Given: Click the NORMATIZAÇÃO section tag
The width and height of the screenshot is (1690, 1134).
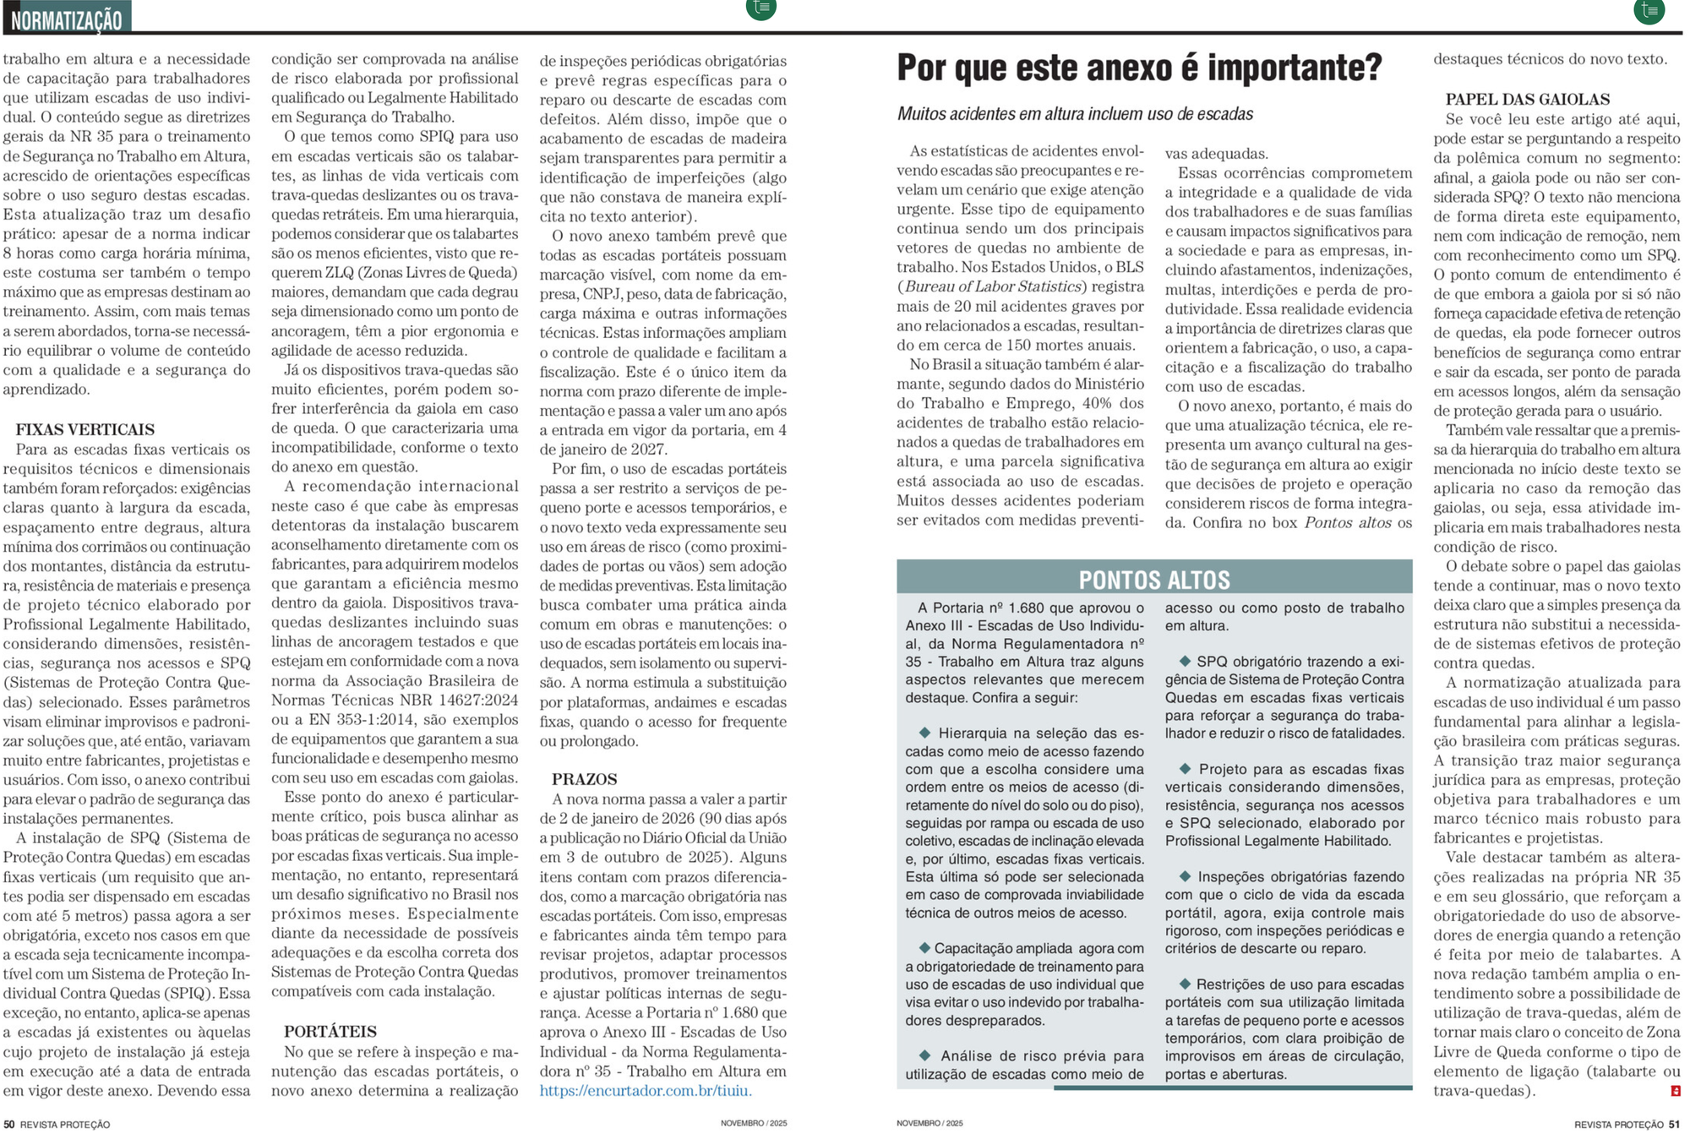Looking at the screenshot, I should (67, 18).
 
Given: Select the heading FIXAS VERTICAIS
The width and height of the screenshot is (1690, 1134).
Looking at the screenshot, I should (84, 429).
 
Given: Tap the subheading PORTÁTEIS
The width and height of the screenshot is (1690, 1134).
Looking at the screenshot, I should (330, 1032).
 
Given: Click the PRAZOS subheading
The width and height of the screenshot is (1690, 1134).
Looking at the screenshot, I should (585, 779).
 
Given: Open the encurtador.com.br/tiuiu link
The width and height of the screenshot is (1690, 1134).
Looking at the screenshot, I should (646, 1091).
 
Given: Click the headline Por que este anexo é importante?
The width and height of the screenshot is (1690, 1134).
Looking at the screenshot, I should (1139, 68).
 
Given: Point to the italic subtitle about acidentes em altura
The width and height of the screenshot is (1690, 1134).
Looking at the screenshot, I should (1075, 114).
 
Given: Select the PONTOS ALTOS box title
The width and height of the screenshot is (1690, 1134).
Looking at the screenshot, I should (1154, 580).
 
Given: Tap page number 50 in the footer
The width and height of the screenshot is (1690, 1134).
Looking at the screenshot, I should (9, 1124).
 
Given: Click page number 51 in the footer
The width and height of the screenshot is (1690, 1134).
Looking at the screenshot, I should (1674, 1124).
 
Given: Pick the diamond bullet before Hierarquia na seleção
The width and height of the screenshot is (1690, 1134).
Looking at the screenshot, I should (924, 733).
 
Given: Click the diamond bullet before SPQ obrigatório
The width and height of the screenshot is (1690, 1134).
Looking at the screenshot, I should (1185, 661).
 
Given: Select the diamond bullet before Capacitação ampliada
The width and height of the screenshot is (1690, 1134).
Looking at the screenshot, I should (924, 948).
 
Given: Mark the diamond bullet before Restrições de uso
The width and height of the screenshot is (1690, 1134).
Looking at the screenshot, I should (1185, 984).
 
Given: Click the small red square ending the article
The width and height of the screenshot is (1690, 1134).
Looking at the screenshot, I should (1676, 1091).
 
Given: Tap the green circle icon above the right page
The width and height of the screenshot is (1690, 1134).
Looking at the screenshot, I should (1649, 9).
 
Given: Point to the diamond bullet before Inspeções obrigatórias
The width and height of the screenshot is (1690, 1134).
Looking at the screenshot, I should (1185, 876).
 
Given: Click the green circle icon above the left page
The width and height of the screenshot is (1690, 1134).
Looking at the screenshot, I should (761, 8).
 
